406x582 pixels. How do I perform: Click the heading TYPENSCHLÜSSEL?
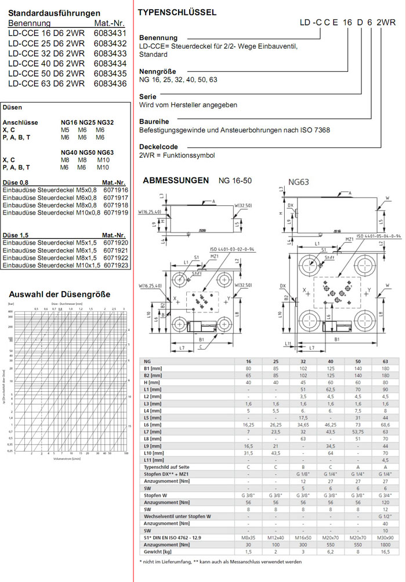point(177,12)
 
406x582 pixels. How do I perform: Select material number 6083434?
point(110,63)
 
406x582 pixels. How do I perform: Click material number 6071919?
point(116,213)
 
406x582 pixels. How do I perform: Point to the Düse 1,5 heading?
point(16,235)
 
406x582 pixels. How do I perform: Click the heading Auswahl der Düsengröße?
point(59,294)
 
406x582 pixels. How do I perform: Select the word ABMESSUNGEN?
point(176,180)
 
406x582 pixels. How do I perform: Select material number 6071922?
point(116,257)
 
